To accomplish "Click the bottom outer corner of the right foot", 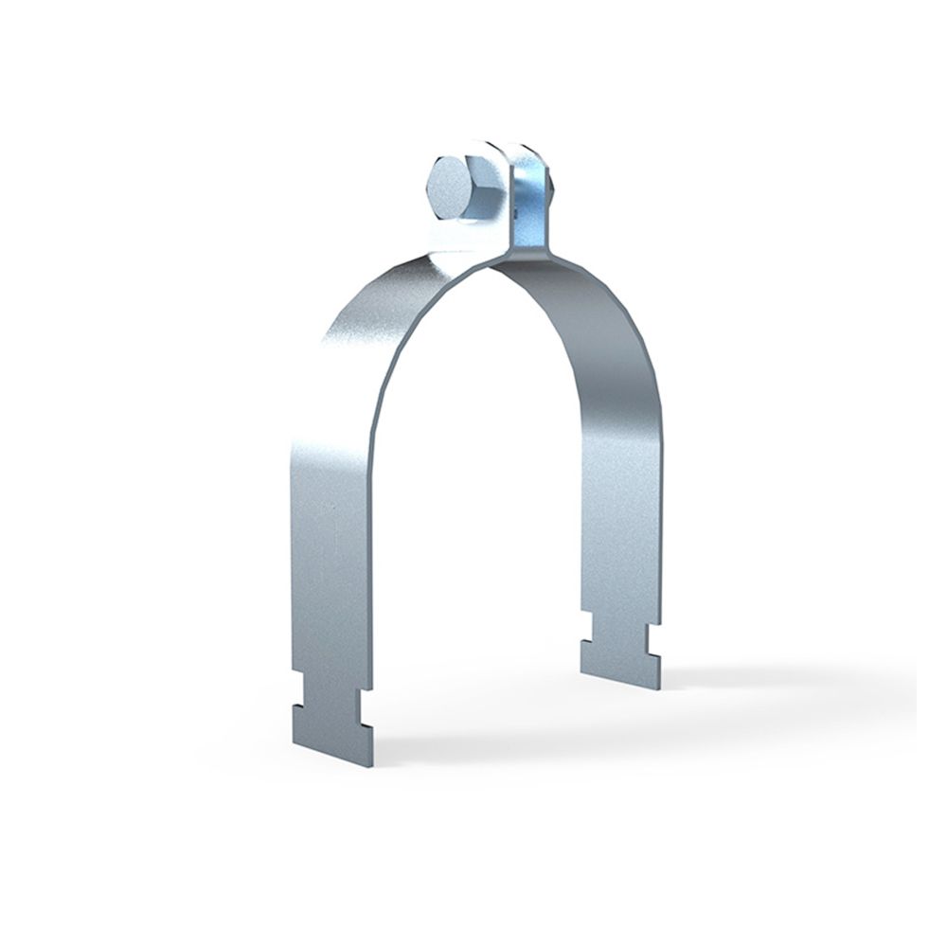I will pos(660,686).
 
